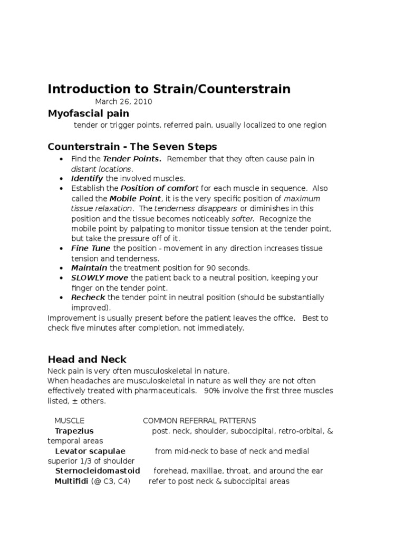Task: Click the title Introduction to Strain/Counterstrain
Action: pyautogui.click(x=169, y=89)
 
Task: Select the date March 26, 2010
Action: pyautogui.click(x=124, y=102)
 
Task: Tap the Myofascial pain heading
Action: pyautogui.click(x=88, y=113)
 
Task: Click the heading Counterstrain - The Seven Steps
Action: pyautogui.click(x=132, y=146)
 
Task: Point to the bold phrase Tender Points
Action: pyautogui.click(x=132, y=159)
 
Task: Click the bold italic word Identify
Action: pyautogui.click(x=88, y=179)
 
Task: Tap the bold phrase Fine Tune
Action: pyautogui.click(x=91, y=248)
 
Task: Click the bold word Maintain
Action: pyautogui.click(x=90, y=268)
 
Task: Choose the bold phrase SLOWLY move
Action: pyautogui.click(x=100, y=278)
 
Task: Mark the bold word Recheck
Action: pyautogui.click(x=89, y=297)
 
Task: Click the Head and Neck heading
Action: pyautogui.click(x=87, y=359)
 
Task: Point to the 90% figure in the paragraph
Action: pyautogui.click(x=213, y=391)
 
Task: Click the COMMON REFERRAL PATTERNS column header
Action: pyautogui.click(x=199, y=420)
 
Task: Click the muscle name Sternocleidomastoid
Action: pyautogui.click(x=98, y=471)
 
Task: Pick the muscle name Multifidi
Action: pyautogui.click(x=71, y=481)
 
